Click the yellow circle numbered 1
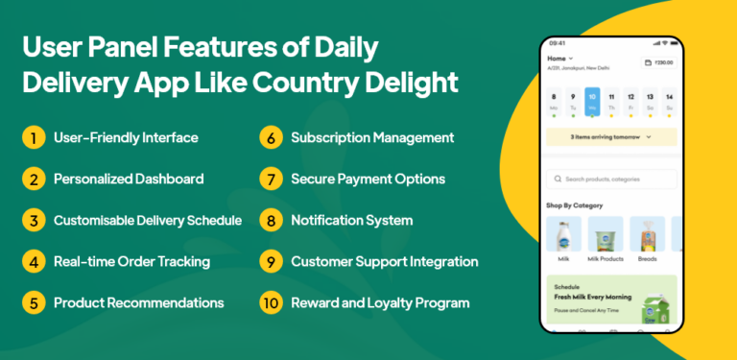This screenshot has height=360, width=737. (x=34, y=137)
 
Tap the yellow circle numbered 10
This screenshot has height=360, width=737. (x=272, y=302)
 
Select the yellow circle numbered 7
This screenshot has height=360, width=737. (x=272, y=179)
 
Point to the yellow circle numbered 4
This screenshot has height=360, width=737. (x=34, y=261)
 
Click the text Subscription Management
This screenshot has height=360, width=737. (x=372, y=137)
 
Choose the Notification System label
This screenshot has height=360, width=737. (x=351, y=220)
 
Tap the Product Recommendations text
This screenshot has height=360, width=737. (x=138, y=302)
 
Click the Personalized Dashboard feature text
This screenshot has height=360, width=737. (x=129, y=179)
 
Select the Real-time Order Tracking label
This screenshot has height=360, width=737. (x=131, y=261)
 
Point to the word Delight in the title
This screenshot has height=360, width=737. (x=407, y=82)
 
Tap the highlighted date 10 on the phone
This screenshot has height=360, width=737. (x=592, y=101)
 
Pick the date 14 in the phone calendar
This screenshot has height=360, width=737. (x=669, y=101)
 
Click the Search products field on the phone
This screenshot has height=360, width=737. (x=610, y=180)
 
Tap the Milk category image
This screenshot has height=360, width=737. (x=563, y=235)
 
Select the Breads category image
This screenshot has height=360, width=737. (x=647, y=235)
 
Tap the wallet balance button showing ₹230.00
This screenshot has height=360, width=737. (x=657, y=62)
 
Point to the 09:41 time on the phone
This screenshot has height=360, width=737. (x=558, y=43)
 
